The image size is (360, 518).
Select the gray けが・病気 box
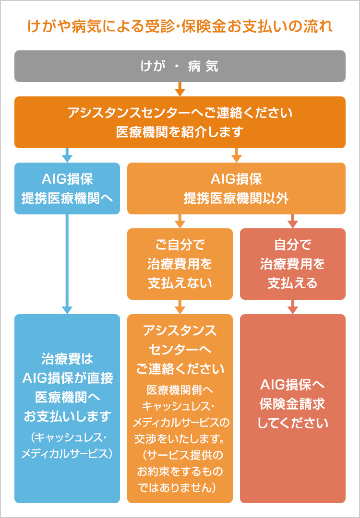180,66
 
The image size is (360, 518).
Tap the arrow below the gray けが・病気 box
180,89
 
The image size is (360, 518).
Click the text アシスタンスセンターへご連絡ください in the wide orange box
180,114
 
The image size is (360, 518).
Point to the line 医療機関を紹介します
180,132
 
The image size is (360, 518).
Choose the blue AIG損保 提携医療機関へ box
67,188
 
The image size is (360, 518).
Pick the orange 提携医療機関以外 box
236,188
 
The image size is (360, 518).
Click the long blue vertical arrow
67,264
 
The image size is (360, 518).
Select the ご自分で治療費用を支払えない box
180,264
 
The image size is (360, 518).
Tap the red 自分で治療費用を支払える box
293,264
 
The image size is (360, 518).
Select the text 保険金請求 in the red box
293,404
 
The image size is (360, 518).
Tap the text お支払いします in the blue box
67,416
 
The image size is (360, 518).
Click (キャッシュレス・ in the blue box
67,437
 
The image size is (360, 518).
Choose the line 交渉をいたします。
180,438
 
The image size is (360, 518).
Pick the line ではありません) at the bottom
180,487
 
